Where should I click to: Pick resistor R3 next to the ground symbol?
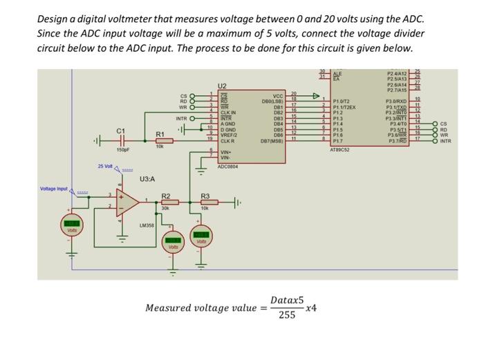click(205, 203)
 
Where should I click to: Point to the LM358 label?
click(147, 225)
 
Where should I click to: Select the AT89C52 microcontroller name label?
click(342, 148)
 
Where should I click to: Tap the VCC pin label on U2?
click(278, 96)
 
